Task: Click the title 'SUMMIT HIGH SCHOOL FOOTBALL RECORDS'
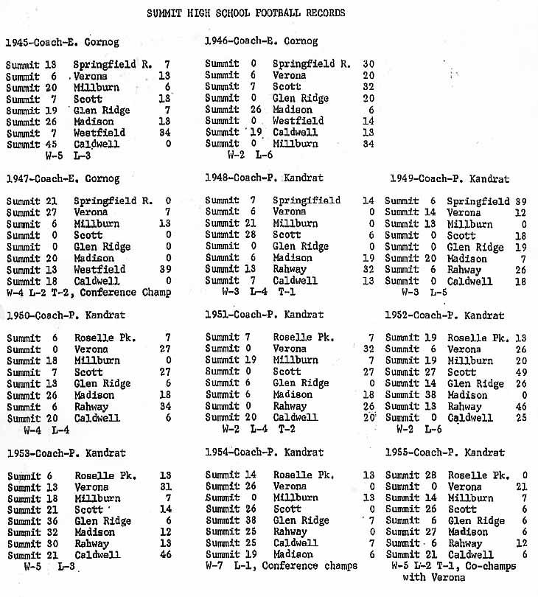pyautogui.click(x=245, y=13)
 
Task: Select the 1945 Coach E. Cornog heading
pyautogui.click(x=62, y=42)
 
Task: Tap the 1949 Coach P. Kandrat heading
pyautogui.click(x=447, y=178)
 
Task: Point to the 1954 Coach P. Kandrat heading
pyautogui.click(x=264, y=452)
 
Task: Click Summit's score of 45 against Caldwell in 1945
pyautogui.click(x=52, y=144)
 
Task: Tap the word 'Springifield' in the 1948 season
pyautogui.click(x=307, y=200)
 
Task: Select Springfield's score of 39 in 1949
pyautogui.click(x=521, y=201)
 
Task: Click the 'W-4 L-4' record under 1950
pyautogui.click(x=47, y=430)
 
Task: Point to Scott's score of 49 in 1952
pyautogui.click(x=521, y=372)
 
